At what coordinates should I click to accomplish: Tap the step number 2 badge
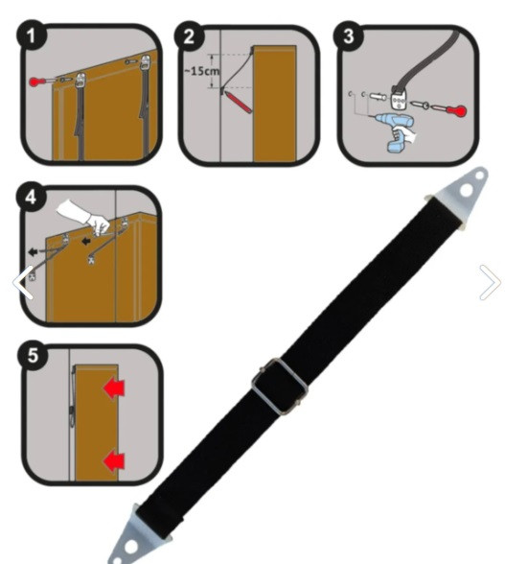pos(189,36)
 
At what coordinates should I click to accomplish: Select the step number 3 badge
pos(348,36)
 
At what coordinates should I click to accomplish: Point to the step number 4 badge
pos(32,198)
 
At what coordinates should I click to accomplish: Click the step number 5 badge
pos(33,355)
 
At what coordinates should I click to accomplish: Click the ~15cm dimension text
pos(201,71)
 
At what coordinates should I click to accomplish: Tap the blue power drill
pos(395,131)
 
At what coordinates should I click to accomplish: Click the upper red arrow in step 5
pos(114,388)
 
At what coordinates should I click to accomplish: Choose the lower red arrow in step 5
pos(114,460)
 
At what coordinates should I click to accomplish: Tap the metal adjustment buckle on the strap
pos(279,387)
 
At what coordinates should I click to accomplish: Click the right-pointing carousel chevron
pos(491,282)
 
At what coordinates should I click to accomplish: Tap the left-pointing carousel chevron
pos(23,282)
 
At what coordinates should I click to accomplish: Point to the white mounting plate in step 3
pos(400,101)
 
